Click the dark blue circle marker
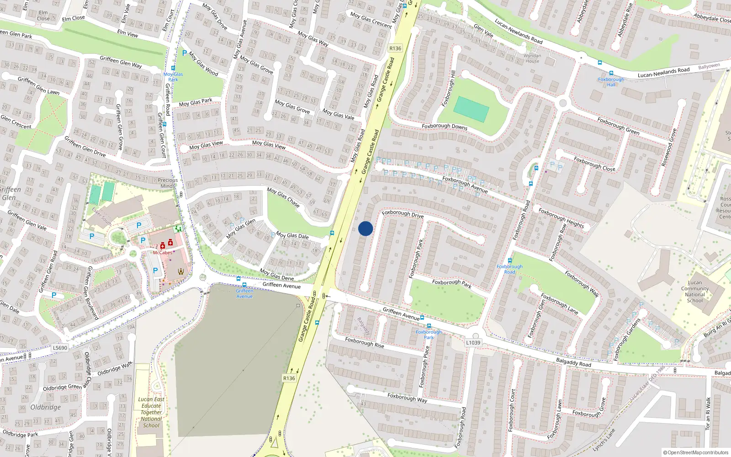(365, 228)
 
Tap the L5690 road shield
(60, 348)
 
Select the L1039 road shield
(473, 342)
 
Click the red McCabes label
(162, 252)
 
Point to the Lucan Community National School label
(695, 292)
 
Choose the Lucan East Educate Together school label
(151, 412)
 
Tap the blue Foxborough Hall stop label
(611, 82)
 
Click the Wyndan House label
(532, 58)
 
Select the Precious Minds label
(168, 183)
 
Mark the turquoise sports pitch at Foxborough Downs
(471, 109)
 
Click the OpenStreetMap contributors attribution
(695, 453)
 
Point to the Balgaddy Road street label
(573, 362)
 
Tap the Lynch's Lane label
(604, 440)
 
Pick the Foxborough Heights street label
(561, 218)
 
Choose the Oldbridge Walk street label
(115, 368)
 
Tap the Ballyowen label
(709, 67)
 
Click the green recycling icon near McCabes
(178, 228)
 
